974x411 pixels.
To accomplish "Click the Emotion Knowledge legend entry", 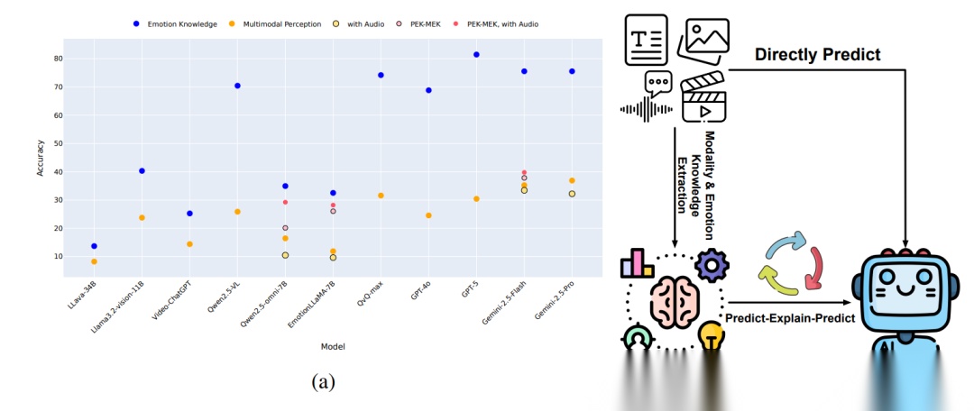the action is coord(175,24).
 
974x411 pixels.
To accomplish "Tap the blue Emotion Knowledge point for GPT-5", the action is coord(476,55).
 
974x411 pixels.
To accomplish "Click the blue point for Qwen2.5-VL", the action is coord(237,86).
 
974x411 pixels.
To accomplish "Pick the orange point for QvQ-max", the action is coord(381,196).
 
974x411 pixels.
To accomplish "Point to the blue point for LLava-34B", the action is coord(94,246).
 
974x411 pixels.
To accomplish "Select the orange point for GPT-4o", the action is coord(428,215).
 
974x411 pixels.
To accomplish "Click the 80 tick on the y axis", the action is coord(59,59).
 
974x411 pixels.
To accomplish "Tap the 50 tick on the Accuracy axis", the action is coord(59,143).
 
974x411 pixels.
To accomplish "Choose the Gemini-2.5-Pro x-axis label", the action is coord(556,300).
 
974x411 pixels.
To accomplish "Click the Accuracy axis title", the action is coord(41,158).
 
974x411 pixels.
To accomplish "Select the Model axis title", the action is coord(332,346).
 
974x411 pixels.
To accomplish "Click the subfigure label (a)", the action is coord(323,381).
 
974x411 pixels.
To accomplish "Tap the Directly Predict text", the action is coord(817,55).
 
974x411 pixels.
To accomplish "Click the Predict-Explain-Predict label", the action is coord(790,318).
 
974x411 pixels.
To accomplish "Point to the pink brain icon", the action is coord(675,302).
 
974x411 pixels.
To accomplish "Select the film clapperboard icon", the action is coord(704,98).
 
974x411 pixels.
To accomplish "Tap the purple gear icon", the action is coord(712,265).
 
